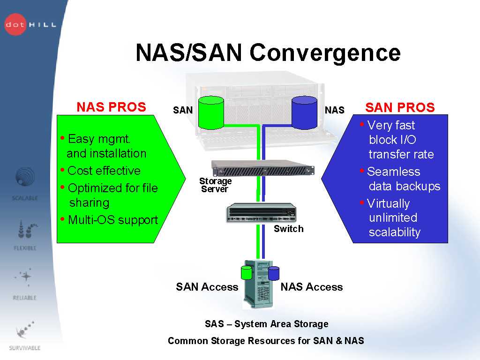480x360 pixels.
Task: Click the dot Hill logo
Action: (29, 24)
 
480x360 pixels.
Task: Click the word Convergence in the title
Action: (325, 52)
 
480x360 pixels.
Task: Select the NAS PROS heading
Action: (111, 107)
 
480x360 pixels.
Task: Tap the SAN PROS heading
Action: (400, 108)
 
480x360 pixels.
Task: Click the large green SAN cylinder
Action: (211, 112)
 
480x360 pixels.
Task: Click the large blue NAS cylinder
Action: (304, 112)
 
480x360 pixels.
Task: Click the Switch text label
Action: (288, 229)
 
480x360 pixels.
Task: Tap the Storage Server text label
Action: (215, 185)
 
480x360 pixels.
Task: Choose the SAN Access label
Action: (207, 287)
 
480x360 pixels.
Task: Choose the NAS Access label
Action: (311, 287)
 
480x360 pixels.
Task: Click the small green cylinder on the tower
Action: (246, 272)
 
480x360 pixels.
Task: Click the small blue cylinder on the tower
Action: (274, 273)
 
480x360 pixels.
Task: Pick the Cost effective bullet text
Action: (104, 171)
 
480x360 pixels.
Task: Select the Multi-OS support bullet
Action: (112, 220)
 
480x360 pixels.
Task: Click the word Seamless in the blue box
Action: (393, 172)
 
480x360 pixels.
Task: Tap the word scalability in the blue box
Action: (394, 232)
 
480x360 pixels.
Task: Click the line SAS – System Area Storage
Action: (266, 324)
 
